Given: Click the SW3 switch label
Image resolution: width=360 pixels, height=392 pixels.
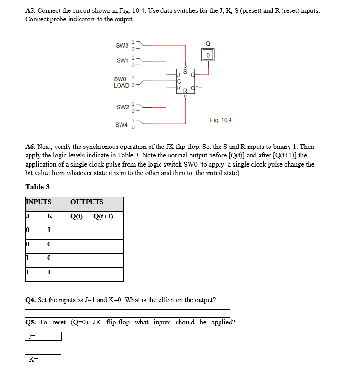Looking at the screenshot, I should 122,46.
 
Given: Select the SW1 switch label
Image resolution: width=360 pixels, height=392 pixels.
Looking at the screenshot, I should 122,60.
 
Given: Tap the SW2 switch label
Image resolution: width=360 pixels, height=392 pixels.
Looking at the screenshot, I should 122,108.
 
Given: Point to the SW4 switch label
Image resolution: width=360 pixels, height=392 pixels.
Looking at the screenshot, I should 121,125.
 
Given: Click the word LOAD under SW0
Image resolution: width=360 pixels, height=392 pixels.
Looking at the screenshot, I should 121,86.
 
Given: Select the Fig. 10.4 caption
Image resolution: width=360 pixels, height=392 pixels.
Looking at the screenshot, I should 220,120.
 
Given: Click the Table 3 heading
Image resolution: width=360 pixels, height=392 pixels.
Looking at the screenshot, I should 37,186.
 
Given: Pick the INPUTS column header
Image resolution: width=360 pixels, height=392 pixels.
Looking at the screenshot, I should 38,202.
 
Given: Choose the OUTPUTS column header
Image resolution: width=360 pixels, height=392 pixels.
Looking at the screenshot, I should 87,202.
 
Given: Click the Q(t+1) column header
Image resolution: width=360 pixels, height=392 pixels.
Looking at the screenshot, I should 104,216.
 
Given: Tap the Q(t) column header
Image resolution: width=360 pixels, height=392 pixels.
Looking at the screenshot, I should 77,216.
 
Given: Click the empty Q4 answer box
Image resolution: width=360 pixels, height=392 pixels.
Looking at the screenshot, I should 127,313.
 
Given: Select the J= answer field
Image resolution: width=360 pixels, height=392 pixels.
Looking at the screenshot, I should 43,336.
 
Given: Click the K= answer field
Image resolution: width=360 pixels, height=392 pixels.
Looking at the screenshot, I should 43,359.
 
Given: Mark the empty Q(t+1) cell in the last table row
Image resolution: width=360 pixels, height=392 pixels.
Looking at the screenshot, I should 108,274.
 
